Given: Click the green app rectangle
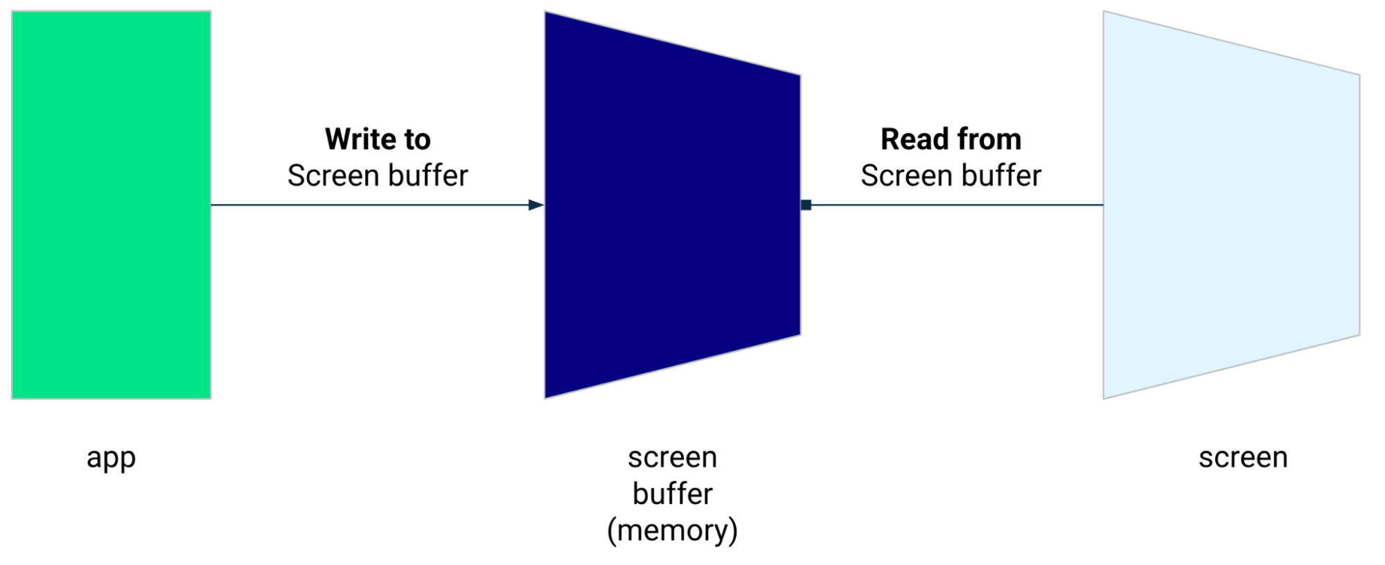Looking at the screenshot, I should [x=111, y=205].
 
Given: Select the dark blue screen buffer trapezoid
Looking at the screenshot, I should [x=672, y=205].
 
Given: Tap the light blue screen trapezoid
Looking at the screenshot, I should [x=1230, y=205].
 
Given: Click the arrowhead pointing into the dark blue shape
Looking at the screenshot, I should [x=536, y=205].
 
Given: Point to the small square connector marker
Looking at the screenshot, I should [x=806, y=205].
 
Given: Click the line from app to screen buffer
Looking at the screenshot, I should [x=367, y=205].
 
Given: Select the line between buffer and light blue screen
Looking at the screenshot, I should [x=956, y=205].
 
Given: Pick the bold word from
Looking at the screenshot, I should [x=989, y=139].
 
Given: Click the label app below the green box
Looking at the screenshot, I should [x=111, y=458].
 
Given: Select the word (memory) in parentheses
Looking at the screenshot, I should [x=672, y=531].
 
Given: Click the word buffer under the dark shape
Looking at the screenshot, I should [x=672, y=494].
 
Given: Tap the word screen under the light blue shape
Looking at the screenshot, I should [x=1243, y=458].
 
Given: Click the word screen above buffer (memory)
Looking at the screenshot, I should [x=672, y=458].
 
